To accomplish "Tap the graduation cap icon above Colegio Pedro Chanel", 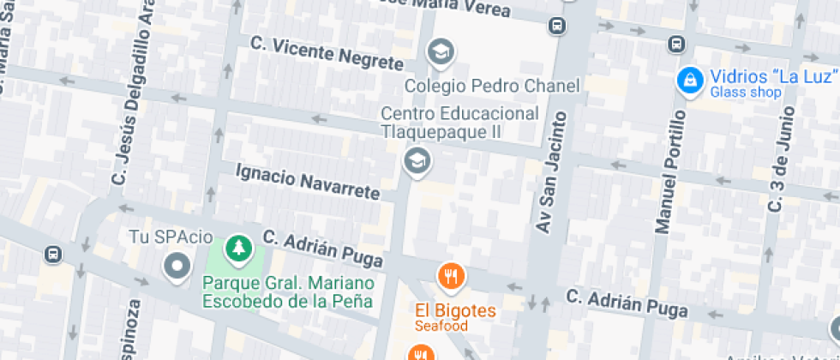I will point(441,53).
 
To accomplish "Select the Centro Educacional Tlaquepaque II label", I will point(459,123).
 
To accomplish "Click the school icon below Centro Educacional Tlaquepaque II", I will point(417,159).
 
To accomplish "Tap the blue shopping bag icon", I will point(688,82).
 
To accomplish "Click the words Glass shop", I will point(746,93).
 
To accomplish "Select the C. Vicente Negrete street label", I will point(326,53).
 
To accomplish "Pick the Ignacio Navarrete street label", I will point(307,182).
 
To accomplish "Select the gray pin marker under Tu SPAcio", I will point(177,267).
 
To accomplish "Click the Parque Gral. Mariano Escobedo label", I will point(288,291).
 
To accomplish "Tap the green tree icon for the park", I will point(236,249).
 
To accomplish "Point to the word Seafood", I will point(441,326).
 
